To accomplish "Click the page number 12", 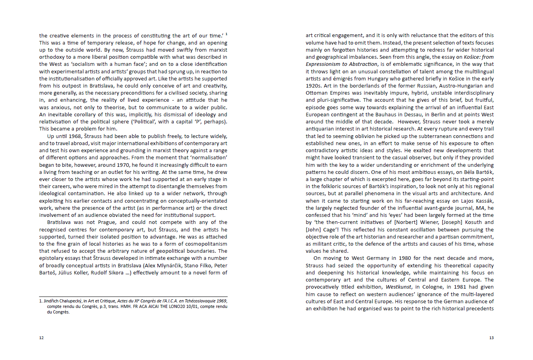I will coord(41,338).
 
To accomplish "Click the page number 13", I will coord(491,338).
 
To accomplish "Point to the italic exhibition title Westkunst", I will coord(398,287).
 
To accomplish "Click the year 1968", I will coord(74,136).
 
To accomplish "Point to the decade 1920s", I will coord(314,86).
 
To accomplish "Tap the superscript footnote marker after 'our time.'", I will coord(226,34).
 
